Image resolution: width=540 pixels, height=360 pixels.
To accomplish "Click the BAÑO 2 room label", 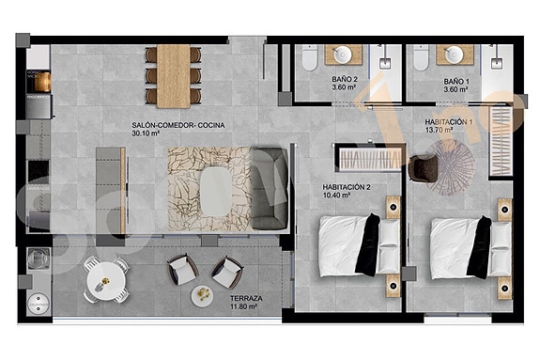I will point(344,79).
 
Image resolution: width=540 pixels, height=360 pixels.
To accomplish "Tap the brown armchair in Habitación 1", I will point(424,166).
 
